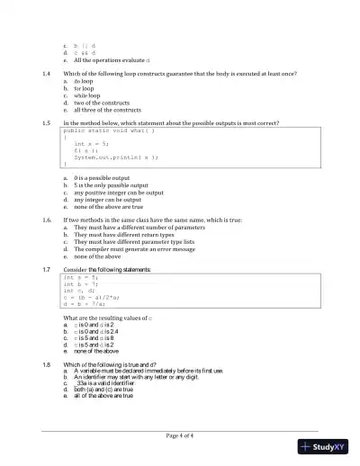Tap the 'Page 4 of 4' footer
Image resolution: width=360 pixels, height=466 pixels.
coord(180,435)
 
